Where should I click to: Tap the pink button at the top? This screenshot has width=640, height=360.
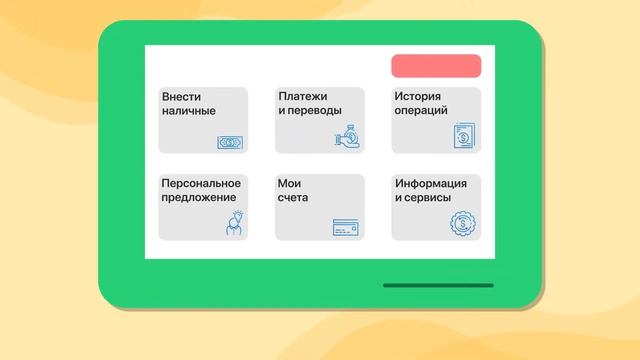[x=436, y=66]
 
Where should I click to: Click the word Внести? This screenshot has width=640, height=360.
[x=181, y=96]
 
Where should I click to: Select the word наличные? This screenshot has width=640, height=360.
[x=188, y=110]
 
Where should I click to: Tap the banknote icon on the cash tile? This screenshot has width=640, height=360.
[x=230, y=142]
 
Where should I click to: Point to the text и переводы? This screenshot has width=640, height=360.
[x=310, y=110]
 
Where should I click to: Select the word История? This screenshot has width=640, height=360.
[x=420, y=96]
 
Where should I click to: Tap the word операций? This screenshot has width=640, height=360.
[x=421, y=110]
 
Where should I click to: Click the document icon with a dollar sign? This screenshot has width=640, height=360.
[x=463, y=136]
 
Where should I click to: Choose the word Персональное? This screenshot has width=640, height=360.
[x=200, y=183]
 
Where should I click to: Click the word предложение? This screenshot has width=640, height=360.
[x=200, y=198]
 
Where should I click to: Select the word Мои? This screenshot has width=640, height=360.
[x=290, y=183]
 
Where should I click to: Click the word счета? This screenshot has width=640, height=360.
[x=294, y=198]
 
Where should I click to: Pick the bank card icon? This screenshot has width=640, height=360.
[x=345, y=228]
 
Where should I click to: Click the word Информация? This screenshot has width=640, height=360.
[x=431, y=183]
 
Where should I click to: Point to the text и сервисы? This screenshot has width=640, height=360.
[x=423, y=198]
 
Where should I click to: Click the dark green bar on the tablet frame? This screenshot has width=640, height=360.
[x=438, y=285]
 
